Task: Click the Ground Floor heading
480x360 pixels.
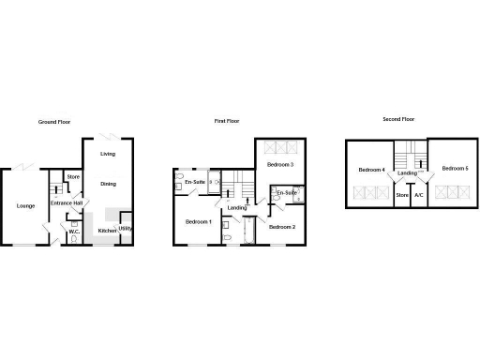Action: pyautogui.click(x=56, y=122)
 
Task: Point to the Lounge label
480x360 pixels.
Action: pyautogui.click(x=25, y=205)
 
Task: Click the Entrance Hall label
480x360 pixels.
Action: pyautogui.click(x=67, y=202)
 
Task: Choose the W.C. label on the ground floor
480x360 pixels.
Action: pyautogui.click(x=73, y=231)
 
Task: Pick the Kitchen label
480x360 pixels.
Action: pyautogui.click(x=107, y=230)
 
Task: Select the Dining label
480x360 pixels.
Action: pyautogui.click(x=109, y=184)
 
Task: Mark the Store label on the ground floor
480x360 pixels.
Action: pyautogui.click(x=73, y=176)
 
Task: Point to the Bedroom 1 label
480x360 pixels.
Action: pyautogui.click(x=198, y=221)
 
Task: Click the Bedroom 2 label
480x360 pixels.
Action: pyautogui.click(x=281, y=227)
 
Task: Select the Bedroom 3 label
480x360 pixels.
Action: pyautogui.click(x=280, y=165)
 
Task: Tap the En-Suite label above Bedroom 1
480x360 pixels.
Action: pyautogui.click(x=195, y=181)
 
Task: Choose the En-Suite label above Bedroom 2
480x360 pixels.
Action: pyautogui.click(x=286, y=193)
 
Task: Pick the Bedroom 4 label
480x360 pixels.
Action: pyautogui.click(x=371, y=170)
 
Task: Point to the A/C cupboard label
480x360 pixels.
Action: pyautogui.click(x=419, y=195)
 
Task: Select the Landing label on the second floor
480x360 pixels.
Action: pyautogui.click(x=407, y=173)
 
